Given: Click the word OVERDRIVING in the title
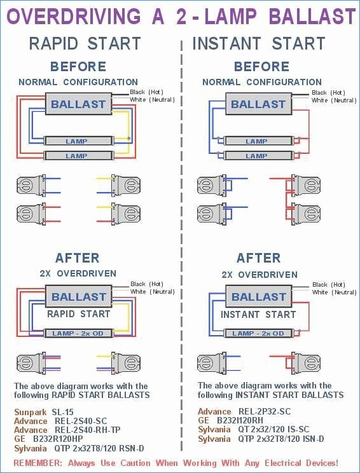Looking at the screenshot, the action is click(74, 17).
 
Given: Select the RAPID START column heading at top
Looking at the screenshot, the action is click(85, 43).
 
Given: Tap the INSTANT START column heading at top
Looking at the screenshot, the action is click(259, 43).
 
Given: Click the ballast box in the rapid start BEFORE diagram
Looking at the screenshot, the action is click(78, 104).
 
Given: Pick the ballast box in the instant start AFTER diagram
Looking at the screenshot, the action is click(259, 296).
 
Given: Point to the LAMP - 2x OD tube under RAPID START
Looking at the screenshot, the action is click(78, 333).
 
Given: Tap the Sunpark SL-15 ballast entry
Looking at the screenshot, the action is click(44, 413).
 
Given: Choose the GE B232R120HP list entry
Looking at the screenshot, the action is click(48, 439).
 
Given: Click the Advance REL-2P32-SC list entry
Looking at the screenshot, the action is click(244, 411).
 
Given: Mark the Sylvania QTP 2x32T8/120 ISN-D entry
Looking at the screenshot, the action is click(261, 439).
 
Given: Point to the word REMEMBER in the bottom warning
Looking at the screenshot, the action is click(38, 463).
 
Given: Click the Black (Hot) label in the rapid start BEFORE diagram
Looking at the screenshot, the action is click(147, 92).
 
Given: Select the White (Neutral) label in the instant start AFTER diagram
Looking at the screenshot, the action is click(335, 292).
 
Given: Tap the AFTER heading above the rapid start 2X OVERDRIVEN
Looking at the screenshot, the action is click(77, 258).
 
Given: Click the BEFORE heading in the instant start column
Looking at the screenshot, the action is click(261, 66).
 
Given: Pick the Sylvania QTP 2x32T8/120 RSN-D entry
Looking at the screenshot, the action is click(79, 448).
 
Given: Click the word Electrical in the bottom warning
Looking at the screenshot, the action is click(283, 463).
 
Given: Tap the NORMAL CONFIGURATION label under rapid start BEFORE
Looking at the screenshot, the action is click(78, 82).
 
